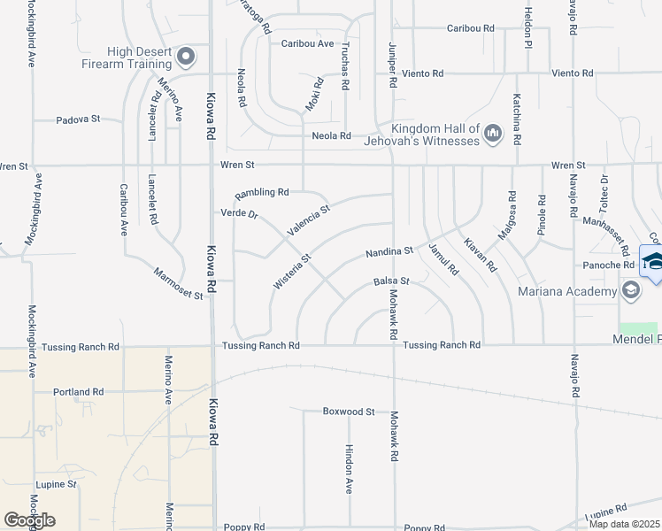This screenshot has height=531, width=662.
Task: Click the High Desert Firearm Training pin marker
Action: [186, 58]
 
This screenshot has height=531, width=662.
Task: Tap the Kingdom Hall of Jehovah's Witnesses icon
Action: [493, 135]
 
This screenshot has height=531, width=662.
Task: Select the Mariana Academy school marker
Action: [630, 290]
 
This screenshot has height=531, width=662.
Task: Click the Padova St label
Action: [80, 119]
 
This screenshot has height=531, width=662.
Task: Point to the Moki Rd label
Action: [314, 95]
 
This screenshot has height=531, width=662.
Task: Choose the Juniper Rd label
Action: [392, 65]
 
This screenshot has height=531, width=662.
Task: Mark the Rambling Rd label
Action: [262, 192]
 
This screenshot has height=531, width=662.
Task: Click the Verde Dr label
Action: [239, 213]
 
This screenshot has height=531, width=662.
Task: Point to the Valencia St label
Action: [308, 220]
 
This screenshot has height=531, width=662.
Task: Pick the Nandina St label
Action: [390, 252]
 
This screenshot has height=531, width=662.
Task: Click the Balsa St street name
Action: [391, 281]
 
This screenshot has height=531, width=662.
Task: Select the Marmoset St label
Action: [178, 284]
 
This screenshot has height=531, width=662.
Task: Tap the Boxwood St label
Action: [349, 412]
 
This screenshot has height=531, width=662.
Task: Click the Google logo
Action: [29, 519]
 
